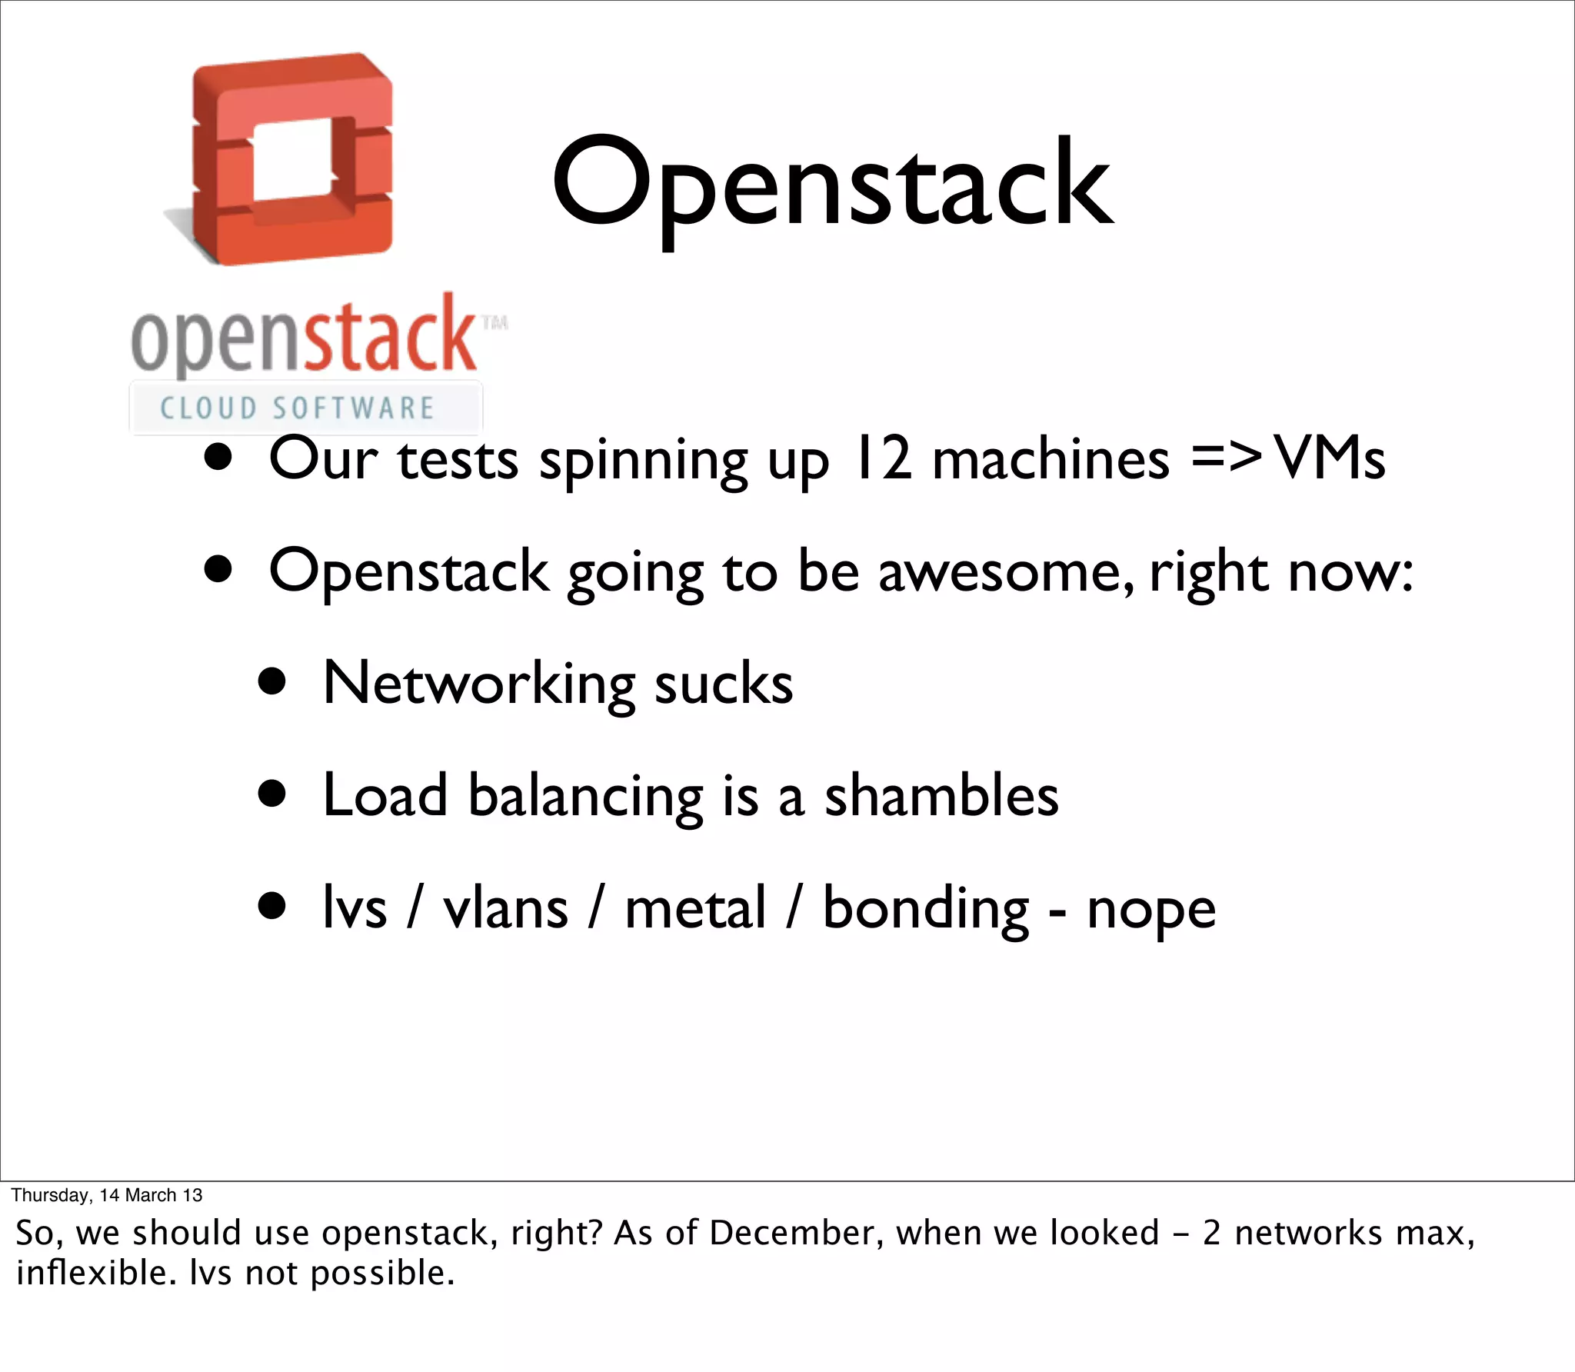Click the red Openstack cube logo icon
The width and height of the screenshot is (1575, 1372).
pyautogui.click(x=292, y=160)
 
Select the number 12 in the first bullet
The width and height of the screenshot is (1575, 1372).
pyautogui.click(x=882, y=459)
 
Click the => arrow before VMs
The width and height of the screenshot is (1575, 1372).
pyautogui.click(x=1226, y=458)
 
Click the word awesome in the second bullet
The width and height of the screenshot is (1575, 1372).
pyautogui.click(x=1006, y=572)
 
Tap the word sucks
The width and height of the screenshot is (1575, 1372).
pyautogui.click(x=723, y=684)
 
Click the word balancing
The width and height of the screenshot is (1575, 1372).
pyautogui.click(x=586, y=797)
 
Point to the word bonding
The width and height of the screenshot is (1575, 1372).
pyautogui.click(x=925, y=909)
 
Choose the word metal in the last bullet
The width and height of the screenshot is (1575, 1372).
pyautogui.click(x=695, y=909)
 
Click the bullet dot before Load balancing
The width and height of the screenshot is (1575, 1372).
pyautogui.click(x=272, y=794)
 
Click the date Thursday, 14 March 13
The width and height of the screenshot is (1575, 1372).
pyautogui.click(x=107, y=1195)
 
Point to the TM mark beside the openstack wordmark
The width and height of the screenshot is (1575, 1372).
pyautogui.click(x=494, y=322)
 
